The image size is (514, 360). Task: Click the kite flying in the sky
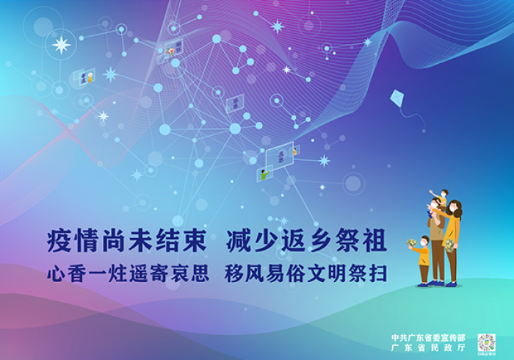(x=397, y=98)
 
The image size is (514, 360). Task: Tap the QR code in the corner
(x=486, y=342)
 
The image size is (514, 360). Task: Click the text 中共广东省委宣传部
(x=428, y=337)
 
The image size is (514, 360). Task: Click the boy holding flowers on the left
(x=423, y=261)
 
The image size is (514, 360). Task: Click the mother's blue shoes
(x=451, y=284)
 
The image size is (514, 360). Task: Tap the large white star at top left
(x=62, y=45)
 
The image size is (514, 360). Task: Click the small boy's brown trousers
(x=424, y=273)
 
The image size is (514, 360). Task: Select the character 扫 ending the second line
(x=378, y=273)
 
